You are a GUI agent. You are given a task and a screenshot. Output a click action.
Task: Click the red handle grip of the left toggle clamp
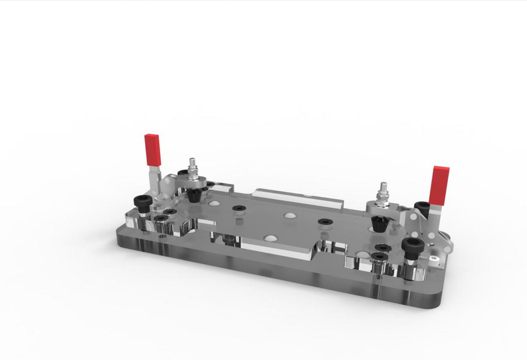[x=153, y=149]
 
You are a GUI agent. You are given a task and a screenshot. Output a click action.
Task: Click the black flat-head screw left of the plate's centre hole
[x=239, y=208]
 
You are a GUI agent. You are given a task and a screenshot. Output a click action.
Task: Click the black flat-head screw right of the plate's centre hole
[x=324, y=222]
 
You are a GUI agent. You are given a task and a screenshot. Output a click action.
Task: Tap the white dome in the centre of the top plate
[x=289, y=215]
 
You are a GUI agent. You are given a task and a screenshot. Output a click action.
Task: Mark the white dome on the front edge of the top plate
[x=270, y=239]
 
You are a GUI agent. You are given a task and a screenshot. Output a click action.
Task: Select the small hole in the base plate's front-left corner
[x=162, y=238]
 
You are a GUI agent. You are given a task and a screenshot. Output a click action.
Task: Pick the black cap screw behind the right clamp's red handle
[x=421, y=207]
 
